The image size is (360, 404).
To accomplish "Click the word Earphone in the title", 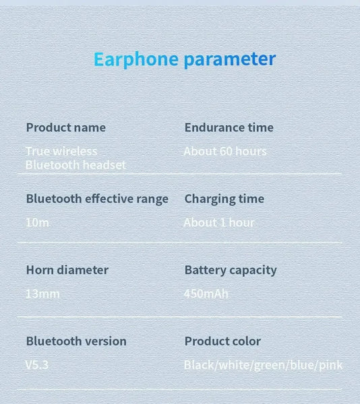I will [136, 59].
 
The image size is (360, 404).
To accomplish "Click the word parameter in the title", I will [230, 59].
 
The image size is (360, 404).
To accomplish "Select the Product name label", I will [65, 127].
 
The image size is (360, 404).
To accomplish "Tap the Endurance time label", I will [229, 127].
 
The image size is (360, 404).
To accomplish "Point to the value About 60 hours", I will [225, 151].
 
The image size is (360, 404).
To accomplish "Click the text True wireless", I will [61, 151].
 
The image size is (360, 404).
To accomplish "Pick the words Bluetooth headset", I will [76, 165].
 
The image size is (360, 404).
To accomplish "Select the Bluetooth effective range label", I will [97, 199].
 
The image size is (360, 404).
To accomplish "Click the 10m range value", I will [37, 222].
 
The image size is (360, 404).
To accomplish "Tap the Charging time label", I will [224, 199].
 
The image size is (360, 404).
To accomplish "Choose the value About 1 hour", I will [219, 222].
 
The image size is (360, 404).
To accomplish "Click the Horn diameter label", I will [67, 270].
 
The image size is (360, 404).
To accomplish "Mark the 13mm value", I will [42, 294].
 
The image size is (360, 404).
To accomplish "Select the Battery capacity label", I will [231, 270].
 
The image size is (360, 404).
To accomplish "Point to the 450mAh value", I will [206, 294].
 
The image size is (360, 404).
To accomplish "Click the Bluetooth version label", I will [76, 341].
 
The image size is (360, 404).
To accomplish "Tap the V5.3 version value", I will [37, 365].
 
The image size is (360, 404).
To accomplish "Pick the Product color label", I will [222, 341].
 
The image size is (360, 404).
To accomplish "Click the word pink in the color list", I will [330, 365].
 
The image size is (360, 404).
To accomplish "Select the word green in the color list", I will [270, 365].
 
